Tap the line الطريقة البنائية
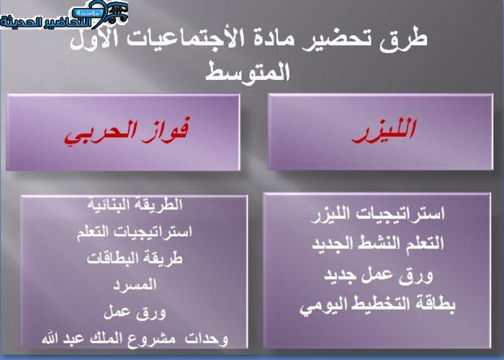135,205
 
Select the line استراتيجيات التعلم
135,232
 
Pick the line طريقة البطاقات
135,258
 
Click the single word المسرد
135,285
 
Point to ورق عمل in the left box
135,312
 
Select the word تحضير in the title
356,39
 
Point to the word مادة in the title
294,39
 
